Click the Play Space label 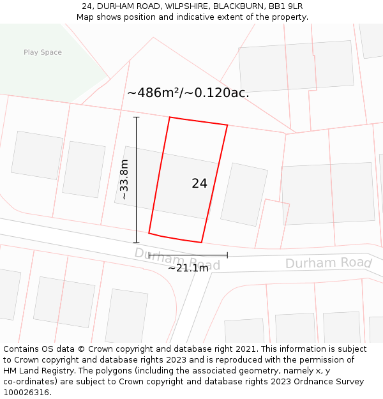point(43,52)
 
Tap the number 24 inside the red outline point(199,183)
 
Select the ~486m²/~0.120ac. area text point(188,93)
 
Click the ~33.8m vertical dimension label point(124,180)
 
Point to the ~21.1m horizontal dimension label point(188,268)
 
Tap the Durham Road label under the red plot point(177,259)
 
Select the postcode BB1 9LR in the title point(285,6)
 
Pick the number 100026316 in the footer point(25,392)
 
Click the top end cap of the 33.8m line point(136,117)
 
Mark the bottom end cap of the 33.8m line point(136,243)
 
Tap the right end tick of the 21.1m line point(227,255)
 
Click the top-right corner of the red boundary point(227,125)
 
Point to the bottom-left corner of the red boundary point(149,233)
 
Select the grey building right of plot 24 point(244,194)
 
